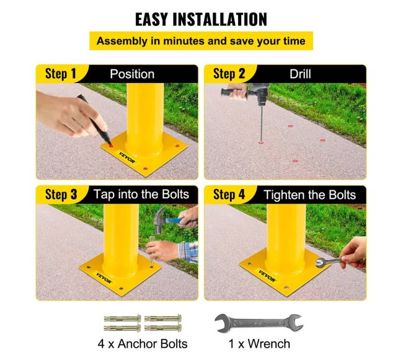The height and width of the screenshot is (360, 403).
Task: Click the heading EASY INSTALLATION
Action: [x=201, y=19]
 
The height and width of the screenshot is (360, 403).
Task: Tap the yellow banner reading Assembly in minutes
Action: [x=201, y=41]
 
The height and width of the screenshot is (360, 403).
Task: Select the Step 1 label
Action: [x=61, y=74]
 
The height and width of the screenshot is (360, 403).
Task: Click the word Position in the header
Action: [x=132, y=74]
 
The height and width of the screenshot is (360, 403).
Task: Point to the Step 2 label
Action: [x=229, y=74]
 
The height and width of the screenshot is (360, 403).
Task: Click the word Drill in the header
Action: [x=300, y=74]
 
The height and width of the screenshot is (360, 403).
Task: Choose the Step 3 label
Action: [x=61, y=195]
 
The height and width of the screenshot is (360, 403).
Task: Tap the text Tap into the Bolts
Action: [x=141, y=195]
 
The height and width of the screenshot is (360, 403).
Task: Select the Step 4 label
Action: [x=229, y=195]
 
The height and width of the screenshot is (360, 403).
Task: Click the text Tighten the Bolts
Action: [x=310, y=195]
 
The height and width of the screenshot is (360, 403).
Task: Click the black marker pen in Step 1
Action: [x=94, y=120]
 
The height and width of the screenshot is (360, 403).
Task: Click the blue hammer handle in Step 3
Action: [x=173, y=221]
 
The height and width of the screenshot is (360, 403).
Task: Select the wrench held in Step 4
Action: [x=329, y=261]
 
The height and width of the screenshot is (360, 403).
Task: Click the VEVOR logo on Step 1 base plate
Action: [x=127, y=157]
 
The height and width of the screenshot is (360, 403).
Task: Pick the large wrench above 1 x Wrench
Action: [x=259, y=323]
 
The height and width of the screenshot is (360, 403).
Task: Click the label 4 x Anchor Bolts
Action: [x=143, y=344]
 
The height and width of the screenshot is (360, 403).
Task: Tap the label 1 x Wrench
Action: [x=259, y=344]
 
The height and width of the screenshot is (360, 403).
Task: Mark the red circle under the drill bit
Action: [x=261, y=143]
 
